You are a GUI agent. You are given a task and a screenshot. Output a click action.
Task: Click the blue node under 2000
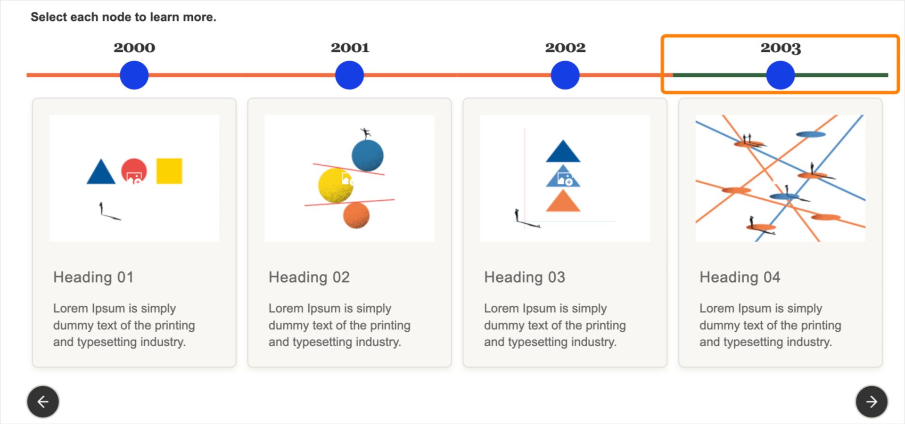pos(134,75)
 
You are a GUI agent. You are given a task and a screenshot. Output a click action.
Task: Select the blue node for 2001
pos(349,75)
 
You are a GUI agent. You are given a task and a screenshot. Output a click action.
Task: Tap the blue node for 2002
pos(565,75)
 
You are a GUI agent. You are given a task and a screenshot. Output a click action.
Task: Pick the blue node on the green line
pos(780,75)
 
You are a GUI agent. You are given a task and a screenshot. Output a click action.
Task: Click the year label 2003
pos(781,48)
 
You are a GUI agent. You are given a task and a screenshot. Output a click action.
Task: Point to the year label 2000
pos(134,48)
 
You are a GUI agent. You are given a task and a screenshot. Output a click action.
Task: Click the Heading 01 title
pos(93,277)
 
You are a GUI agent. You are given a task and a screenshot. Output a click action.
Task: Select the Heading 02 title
pos(309,277)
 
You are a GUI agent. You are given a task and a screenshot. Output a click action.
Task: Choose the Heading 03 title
pos(525,277)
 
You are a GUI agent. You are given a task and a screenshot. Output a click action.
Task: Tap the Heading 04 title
pos(740,277)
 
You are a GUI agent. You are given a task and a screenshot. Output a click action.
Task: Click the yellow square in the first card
pos(169,171)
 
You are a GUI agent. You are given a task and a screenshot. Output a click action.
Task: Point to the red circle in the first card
pos(134,171)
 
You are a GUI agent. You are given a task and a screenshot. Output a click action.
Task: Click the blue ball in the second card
pos(368,155)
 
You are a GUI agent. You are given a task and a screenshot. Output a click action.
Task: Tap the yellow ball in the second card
pos(335,186)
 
